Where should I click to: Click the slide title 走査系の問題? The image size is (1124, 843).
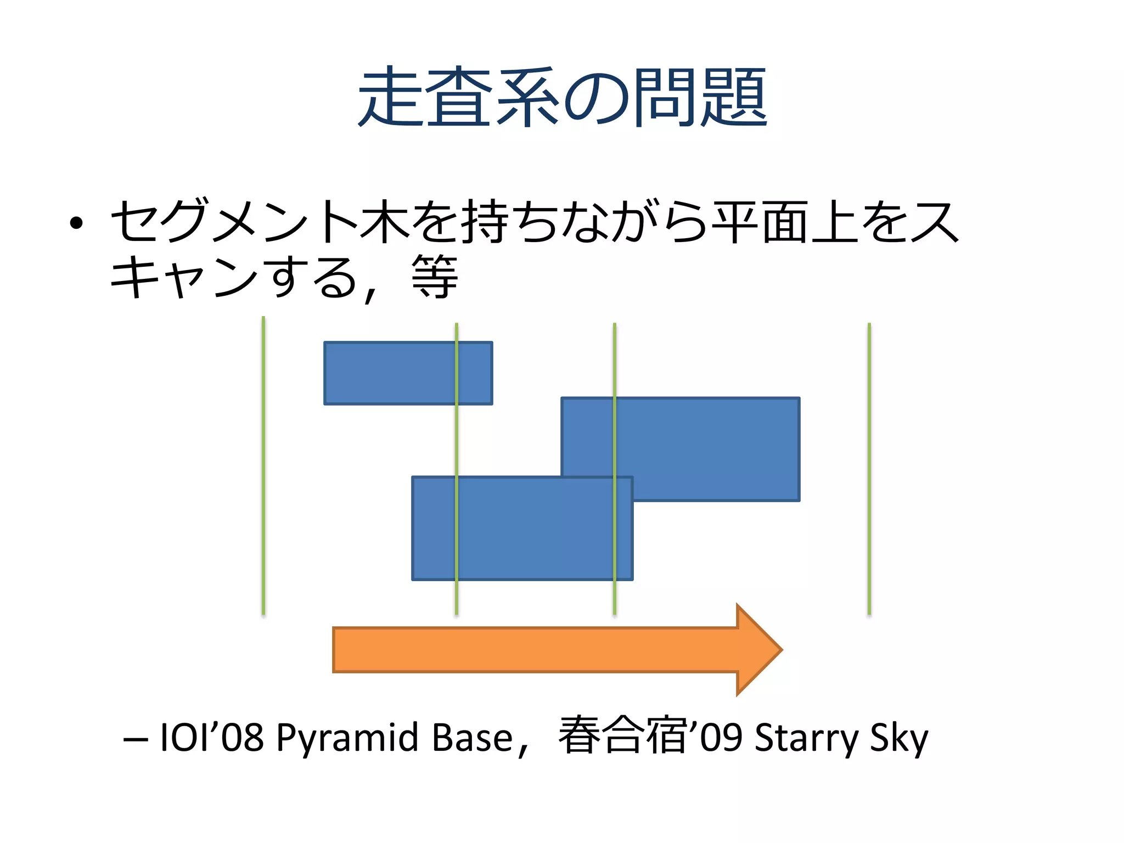tap(562, 97)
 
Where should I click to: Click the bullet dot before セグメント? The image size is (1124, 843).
tap(76, 222)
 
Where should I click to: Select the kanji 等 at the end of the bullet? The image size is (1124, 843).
tap(435, 277)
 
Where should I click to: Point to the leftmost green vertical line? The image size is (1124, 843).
tap(263, 467)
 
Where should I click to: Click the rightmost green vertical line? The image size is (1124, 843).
tap(869, 467)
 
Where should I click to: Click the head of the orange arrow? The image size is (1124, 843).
tap(760, 650)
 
